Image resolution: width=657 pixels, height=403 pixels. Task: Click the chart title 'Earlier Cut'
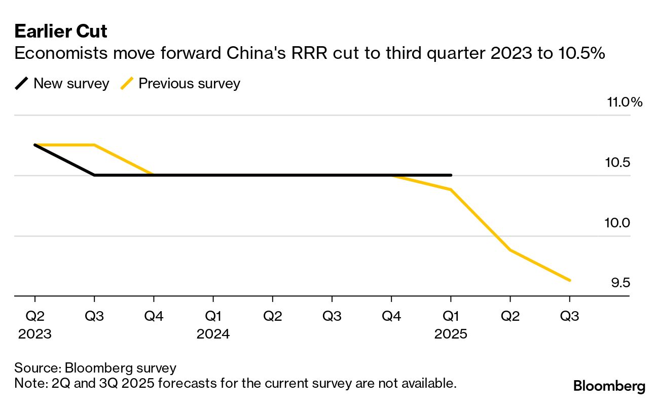point(61,31)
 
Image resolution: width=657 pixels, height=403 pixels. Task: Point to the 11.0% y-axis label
point(624,103)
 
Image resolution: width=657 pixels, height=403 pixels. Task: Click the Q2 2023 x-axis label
point(35,325)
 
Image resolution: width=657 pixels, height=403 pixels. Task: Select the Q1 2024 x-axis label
point(213,325)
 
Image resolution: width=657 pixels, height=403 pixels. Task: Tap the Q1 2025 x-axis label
point(451,325)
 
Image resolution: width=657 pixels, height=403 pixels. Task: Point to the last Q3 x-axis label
point(569,316)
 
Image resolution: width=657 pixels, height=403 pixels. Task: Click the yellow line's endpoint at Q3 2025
point(570,280)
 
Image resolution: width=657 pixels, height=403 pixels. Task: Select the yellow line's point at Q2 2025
point(510,250)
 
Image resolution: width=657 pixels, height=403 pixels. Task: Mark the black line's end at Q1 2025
point(451,175)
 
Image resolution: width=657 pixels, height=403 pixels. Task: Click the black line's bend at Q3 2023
point(95,175)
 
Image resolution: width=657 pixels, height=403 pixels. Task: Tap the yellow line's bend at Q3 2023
point(95,145)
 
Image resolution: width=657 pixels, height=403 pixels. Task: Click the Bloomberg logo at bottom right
point(609,386)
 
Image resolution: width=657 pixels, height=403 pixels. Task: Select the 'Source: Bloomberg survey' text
point(95,368)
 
